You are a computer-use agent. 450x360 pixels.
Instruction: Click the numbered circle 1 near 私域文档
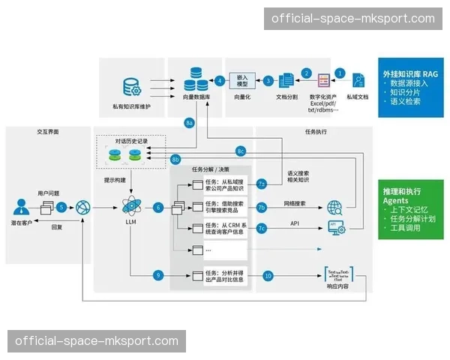coord(340,73)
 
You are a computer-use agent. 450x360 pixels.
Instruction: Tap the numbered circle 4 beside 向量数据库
coord(220,80)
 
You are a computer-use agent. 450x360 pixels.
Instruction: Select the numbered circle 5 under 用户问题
coord(61,206)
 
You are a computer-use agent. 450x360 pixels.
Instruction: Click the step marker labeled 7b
coord(261,206)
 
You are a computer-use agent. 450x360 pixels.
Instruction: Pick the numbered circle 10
coord(268,275)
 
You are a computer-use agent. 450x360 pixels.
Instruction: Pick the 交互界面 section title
coord(47,131)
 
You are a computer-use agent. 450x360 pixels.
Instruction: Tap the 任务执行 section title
coord(316,131)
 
